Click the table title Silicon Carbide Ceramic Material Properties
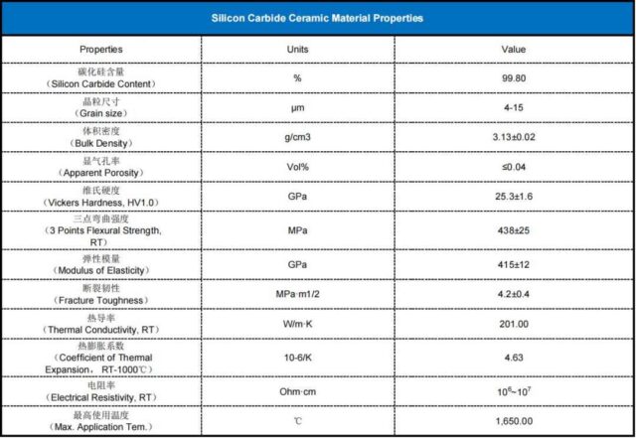[318, 18]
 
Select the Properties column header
[101, 49]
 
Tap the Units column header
[297, 49]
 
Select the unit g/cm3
[297, 136]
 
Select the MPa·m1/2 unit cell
[297, 294]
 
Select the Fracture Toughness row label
[101, 299]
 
